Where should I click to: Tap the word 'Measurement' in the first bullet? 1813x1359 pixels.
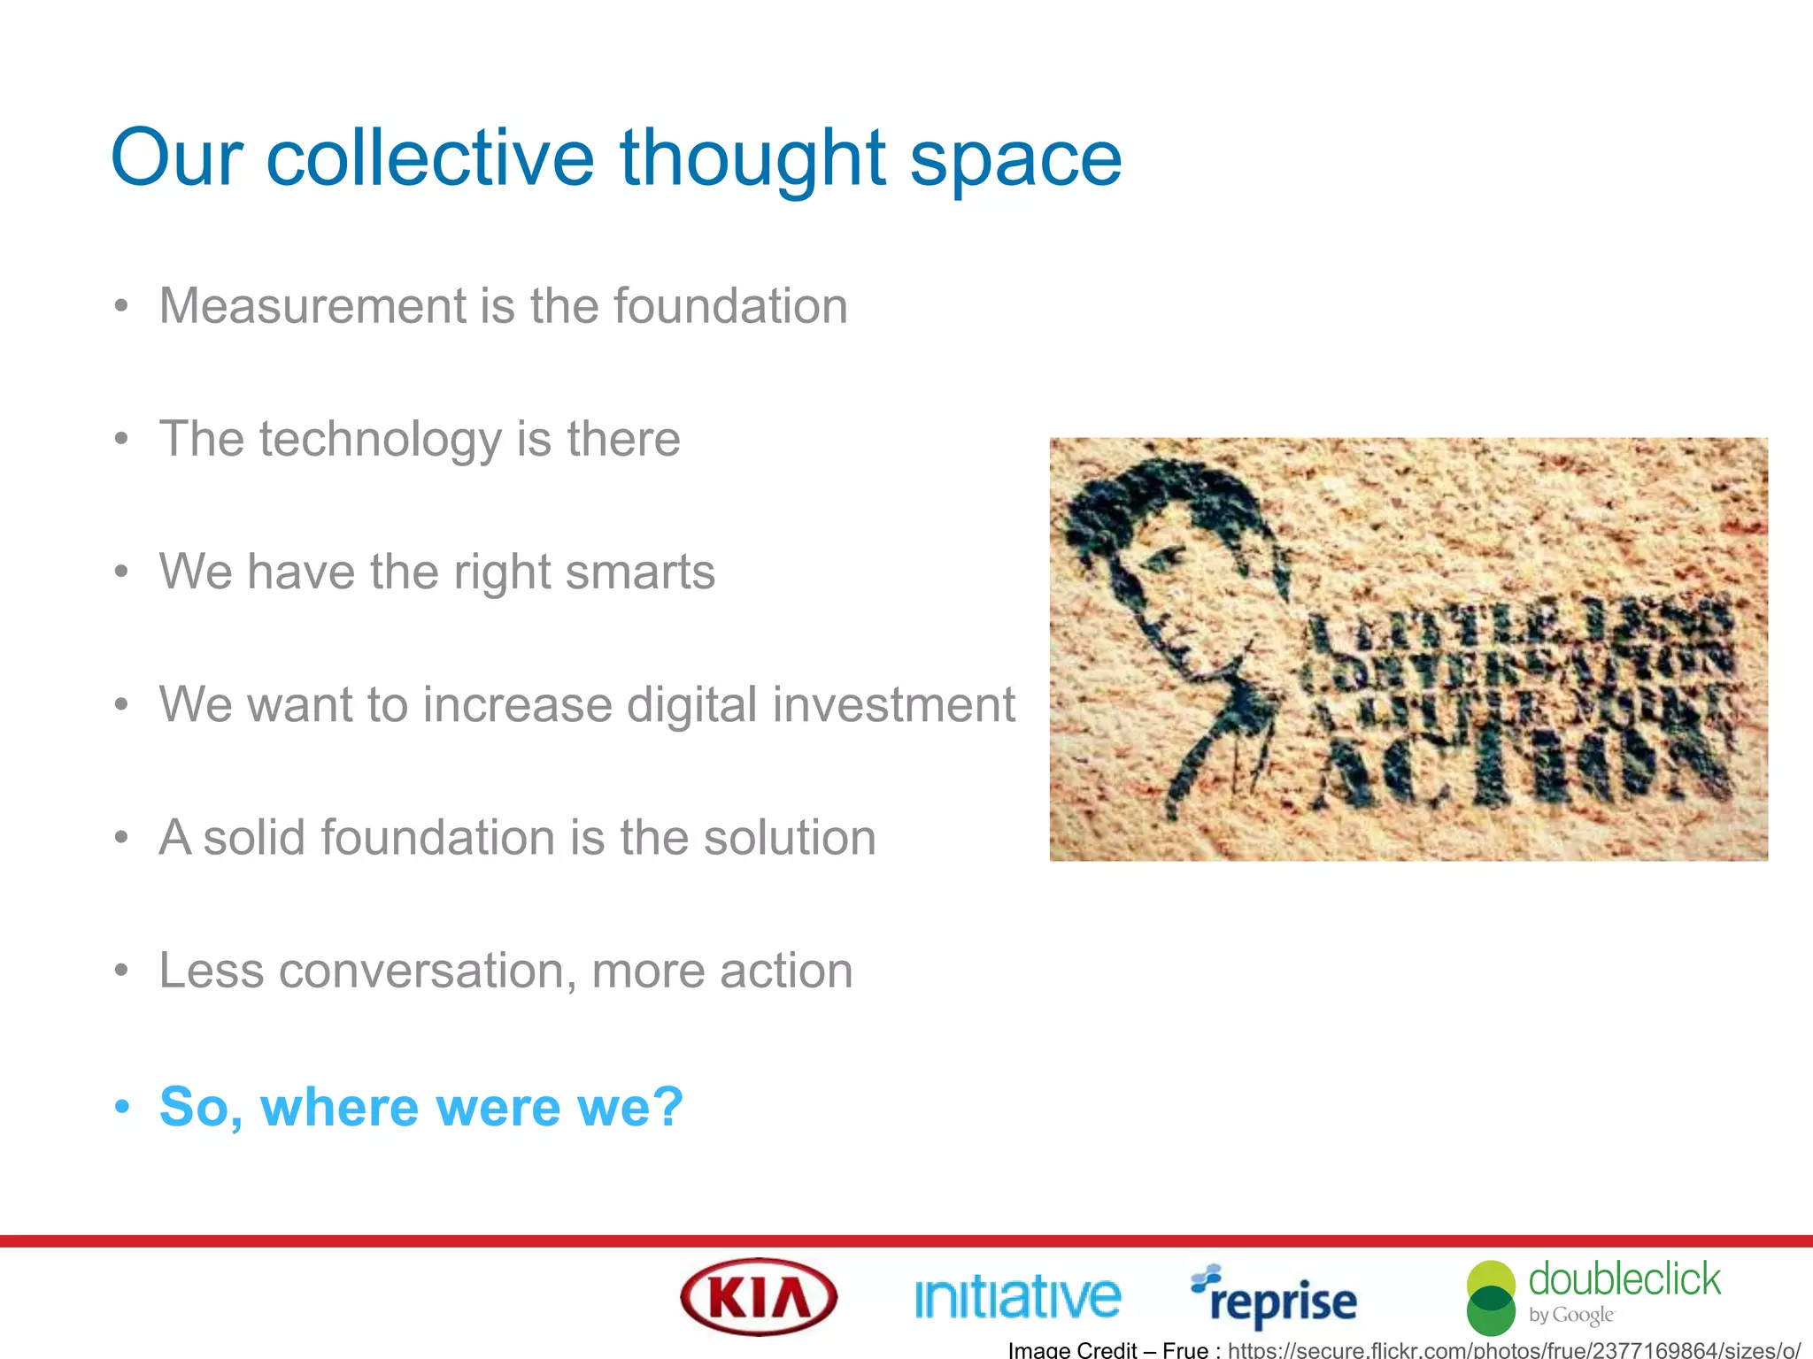tap(311, 306)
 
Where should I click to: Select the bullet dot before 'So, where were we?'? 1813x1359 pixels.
tap(122, 1107)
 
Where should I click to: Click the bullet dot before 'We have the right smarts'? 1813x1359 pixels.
tap(122, 572)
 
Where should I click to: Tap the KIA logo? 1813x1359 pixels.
tap(759, 1297)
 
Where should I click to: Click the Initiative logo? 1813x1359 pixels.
tap(1017, 1297)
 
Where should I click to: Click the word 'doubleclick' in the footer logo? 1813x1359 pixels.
tap(1624, 1280)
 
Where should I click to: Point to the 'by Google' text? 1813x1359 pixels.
tap(1571, 1315)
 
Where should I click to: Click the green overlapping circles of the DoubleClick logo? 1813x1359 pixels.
tap(1492, 1298)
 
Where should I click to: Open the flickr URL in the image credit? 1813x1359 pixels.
tap(1514, 1350)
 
